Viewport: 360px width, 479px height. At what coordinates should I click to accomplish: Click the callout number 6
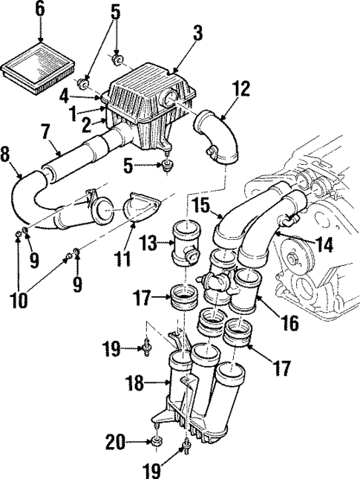(40, 10)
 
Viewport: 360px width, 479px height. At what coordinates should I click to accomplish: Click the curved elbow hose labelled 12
(217, 134)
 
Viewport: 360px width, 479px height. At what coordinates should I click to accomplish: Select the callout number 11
(125, 260)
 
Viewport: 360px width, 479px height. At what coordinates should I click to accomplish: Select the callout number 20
(114, 443)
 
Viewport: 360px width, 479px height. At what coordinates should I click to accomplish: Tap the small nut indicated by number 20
(156, 443)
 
